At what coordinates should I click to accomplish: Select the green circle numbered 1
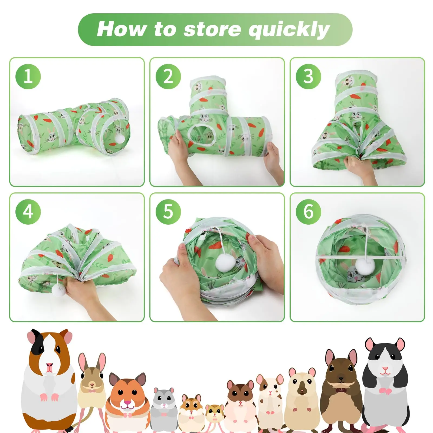pos(28,76)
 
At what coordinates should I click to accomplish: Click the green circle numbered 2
pos(168,76)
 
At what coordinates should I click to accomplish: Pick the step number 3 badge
pos(308,76)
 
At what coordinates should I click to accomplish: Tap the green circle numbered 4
pos(28,211)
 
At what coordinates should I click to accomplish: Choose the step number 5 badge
pos(168,211)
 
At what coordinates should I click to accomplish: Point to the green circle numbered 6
pos(308,211)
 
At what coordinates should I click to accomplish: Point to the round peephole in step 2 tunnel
pos(202,134)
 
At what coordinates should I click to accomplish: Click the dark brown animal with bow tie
pos(341,390)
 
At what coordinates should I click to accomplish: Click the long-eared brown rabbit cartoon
pos(91,384)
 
